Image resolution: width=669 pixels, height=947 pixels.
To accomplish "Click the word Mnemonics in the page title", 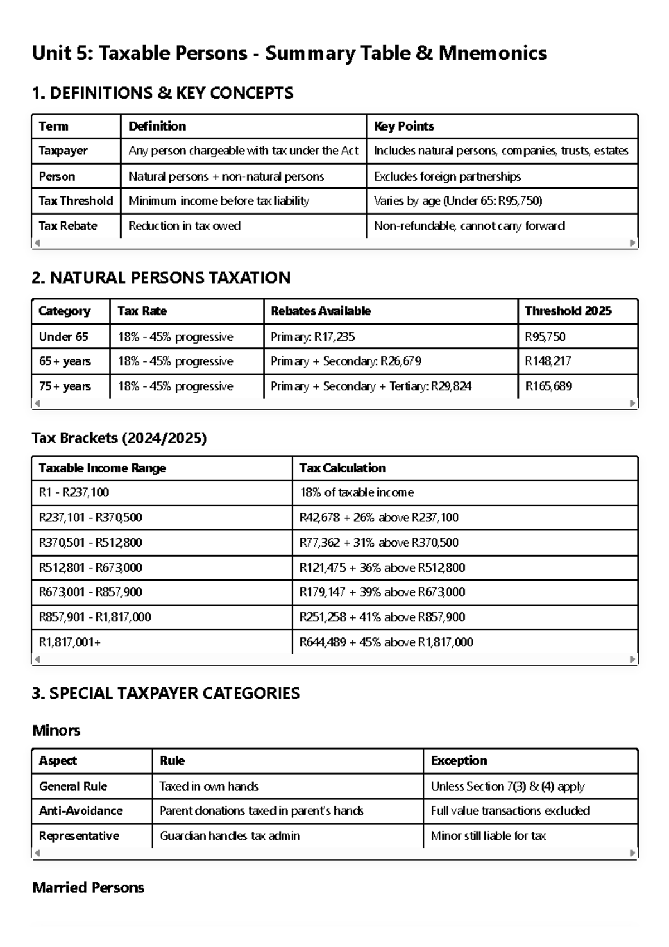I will tap(492, 54).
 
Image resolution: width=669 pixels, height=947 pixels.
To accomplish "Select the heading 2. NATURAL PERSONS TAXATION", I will tap(161, 278).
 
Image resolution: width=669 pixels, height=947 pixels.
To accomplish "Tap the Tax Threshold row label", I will tap(75, 201).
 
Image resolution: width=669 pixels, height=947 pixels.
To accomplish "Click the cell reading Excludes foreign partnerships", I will tap(447, 176).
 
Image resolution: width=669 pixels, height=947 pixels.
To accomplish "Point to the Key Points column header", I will tap(404, 126).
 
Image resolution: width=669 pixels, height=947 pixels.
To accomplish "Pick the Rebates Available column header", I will tap(321, 311).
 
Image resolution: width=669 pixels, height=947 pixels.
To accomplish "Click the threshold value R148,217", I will tap(547, 361).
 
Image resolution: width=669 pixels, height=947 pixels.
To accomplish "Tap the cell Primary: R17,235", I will tap(312, 337).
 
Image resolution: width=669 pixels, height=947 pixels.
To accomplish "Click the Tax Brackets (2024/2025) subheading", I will tap(119, 438).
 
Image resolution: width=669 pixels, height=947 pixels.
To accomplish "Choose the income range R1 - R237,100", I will tap(74, 492).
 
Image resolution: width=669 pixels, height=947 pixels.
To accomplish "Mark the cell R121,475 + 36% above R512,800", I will tap(382, 568).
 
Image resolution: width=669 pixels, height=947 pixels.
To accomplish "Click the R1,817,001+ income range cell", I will tap(70, 642).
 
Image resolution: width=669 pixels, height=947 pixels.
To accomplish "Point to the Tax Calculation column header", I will tap(342, 468).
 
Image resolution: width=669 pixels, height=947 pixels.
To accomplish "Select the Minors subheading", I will tap(56, 731).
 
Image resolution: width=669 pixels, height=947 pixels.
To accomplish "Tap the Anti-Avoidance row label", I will tap(80, 811).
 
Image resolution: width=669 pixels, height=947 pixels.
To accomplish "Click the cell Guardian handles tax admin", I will tap(229, 836).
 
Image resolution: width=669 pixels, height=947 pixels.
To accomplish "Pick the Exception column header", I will tap(458, 761).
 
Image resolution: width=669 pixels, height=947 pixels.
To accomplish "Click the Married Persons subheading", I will tap(88, 888).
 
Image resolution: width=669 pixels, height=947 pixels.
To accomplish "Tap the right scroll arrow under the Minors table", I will tap(632, 853).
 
